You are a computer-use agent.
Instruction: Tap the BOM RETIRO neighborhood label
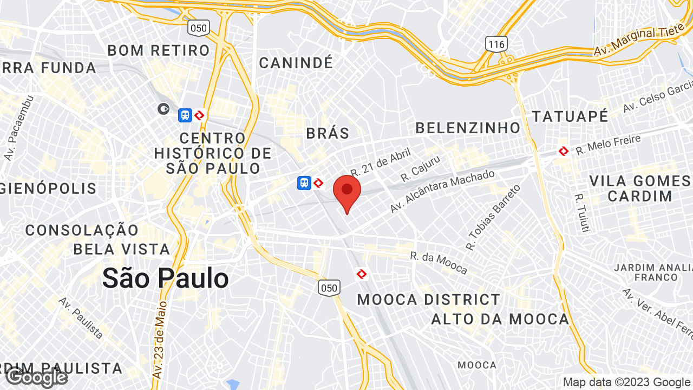[x=159, y=50]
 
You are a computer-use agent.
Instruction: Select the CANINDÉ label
[x=296, y=63]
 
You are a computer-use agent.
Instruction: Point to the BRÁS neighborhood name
[x=328, y=133]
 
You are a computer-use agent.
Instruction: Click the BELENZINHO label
[x=468, y=128]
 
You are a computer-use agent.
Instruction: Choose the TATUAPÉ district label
[x=570, y=116]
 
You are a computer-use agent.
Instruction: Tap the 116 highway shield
[x=496, y=44]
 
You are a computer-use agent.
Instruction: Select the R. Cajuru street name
[x=421, y=168]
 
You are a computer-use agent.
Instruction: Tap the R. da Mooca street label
[x=439, y=263]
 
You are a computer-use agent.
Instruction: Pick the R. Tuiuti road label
[x=581, y=213]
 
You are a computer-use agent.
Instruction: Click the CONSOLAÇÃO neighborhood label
[x=82, y=230]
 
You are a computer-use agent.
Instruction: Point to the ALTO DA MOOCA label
[x=500, y=319]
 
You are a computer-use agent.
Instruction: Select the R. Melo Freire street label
[x=608, y=145]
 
